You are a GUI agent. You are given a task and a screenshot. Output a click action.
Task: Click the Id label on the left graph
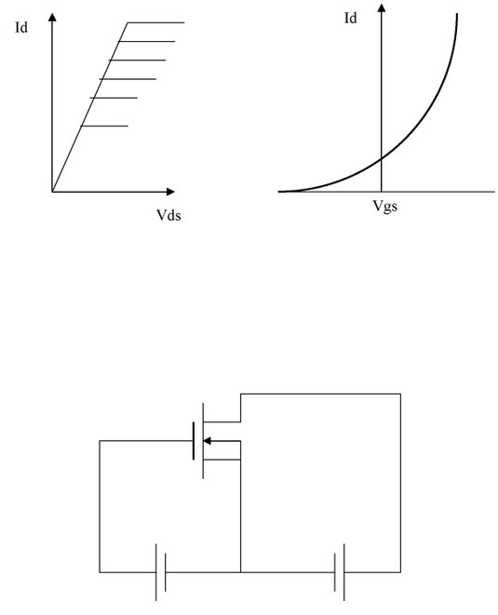click(21, 28)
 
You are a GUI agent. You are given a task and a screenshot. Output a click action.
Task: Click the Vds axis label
click(168, 215)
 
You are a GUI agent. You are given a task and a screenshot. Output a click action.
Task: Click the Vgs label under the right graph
click(385, 206)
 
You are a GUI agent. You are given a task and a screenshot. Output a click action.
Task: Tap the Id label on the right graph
click(350, 18)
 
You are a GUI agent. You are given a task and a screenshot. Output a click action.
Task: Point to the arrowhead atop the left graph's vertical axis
click(52, 17)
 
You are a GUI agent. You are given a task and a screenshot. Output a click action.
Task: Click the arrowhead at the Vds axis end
click(170, 192)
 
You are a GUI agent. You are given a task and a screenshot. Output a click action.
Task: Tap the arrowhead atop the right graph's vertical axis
click(382, 7)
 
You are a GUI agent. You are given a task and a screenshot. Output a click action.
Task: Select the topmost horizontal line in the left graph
click(155, 22)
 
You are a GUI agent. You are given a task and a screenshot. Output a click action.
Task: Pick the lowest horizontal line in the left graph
click(104, 126)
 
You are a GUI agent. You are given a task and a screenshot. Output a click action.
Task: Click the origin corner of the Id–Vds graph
click(52, 192)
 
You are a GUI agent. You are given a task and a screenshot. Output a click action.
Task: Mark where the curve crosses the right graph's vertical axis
click(382, 158)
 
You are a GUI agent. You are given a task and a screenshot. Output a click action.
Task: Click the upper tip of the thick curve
click(457, 14)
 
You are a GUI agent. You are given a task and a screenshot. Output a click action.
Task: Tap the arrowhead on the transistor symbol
click(207, 441)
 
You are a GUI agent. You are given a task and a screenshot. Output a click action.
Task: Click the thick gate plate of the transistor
click(194, 440)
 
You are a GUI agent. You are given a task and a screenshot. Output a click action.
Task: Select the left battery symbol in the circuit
click(160, 572)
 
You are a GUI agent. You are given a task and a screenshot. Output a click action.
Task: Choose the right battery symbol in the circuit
click(340, 572)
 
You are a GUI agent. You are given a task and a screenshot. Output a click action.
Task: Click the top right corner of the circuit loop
click(400, 394)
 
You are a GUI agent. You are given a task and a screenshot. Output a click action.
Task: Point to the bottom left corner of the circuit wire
click(100, 572)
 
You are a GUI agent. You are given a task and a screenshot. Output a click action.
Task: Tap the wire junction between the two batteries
click(240, 572)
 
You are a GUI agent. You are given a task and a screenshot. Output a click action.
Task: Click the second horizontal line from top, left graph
click(146, 41)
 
